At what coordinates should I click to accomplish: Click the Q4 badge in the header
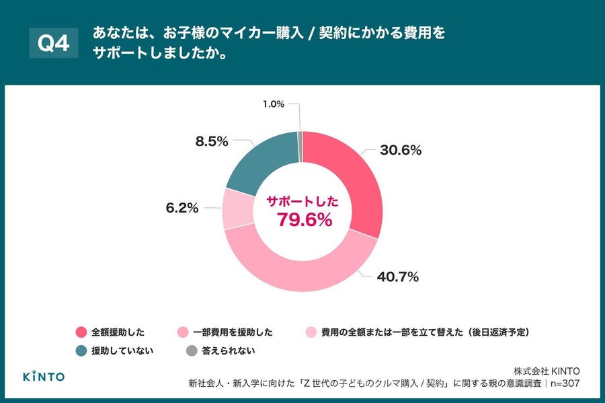54,43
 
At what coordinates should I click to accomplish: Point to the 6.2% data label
182,209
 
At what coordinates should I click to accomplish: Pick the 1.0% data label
274,104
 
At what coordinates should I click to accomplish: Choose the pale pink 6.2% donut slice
236,209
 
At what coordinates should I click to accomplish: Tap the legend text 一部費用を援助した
233,332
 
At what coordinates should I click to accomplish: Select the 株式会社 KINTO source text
547,371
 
